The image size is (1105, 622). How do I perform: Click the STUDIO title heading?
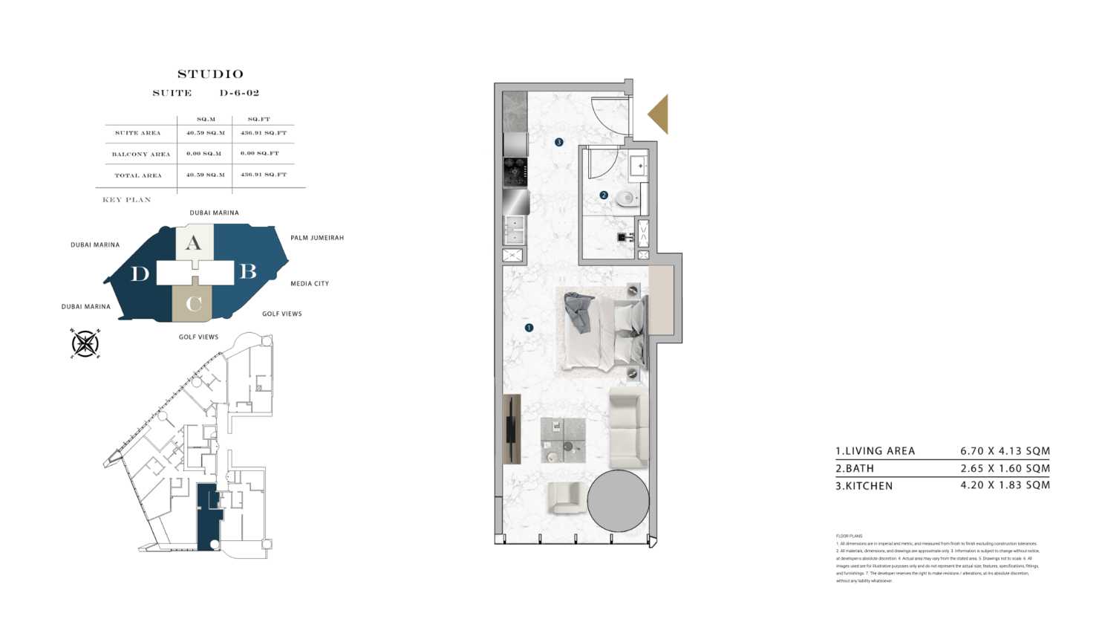coord(210,74)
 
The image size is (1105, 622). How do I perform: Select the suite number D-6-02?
coord(239,94)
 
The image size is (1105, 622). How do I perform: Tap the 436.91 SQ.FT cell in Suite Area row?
coord(263,133)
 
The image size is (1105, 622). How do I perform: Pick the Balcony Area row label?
coord(140,155)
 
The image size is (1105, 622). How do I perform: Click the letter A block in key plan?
coord(193,243)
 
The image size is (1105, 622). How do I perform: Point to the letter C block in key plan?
coord(193,303)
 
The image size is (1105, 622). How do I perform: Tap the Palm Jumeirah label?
coord(317,238)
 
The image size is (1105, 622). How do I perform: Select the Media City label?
coord(310,284)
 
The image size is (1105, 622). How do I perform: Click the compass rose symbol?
coord(85,343)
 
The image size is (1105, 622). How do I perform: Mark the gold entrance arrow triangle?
coord(659,114)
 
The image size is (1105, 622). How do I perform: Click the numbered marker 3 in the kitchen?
coord(558,142)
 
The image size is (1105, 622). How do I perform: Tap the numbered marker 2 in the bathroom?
coord(604,195)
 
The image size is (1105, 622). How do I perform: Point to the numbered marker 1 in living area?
coord(529,328)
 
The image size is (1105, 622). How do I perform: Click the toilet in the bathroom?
coord(627,198)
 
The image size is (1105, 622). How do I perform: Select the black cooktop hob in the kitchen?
coord(515,172)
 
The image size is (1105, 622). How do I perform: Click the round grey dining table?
coord(618,500)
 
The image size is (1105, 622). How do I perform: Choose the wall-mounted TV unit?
coord(511,429)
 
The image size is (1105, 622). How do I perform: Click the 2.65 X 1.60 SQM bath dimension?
coord(1005,469)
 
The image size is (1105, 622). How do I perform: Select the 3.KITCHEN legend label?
coord(864,486)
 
